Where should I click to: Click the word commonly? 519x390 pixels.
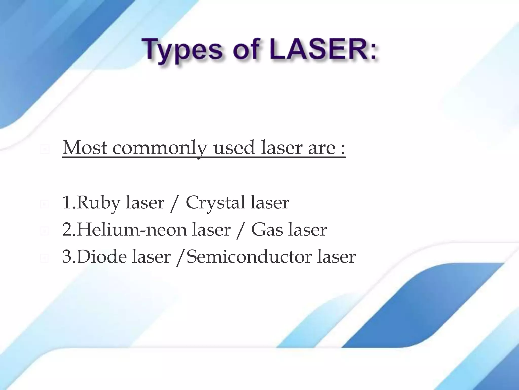coord(159,149)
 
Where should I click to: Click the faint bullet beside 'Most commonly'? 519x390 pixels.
coord(45,150)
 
